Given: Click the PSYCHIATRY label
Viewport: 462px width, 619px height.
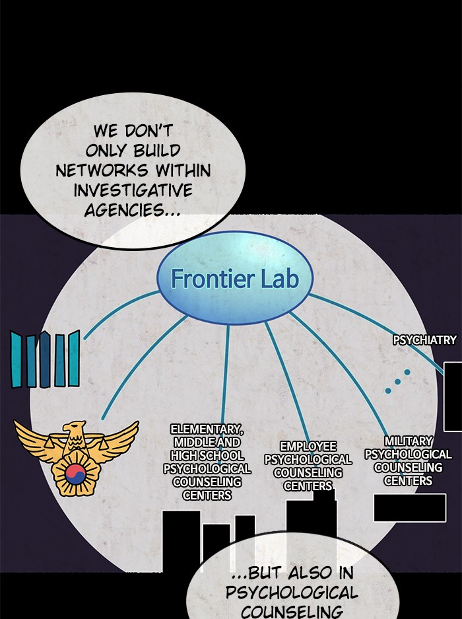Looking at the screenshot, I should (x=424, y=340).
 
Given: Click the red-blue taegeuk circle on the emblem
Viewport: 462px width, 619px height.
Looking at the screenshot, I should (x=76, y=472).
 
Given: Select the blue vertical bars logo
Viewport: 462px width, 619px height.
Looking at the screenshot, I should (x=45, y=359).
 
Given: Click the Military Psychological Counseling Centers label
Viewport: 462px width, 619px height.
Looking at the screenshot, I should (x=408, y=460).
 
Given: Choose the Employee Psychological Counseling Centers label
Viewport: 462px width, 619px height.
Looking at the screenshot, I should (x=308, y=466).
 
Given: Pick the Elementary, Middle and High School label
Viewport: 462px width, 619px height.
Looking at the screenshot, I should (x=207, y=462).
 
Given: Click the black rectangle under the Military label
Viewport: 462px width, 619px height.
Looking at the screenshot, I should (x=409, y=507).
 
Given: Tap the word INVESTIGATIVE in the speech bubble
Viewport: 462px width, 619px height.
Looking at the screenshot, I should (x=133, y=190).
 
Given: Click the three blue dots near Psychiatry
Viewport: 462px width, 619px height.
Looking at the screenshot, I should (x=397, y=381).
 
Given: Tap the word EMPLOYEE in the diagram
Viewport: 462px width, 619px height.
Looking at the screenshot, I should (x=308, y=447).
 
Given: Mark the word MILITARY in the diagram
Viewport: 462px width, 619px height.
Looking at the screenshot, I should (x=409, y=441).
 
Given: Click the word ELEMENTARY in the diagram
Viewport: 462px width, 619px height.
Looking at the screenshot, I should (x=206, y=429).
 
